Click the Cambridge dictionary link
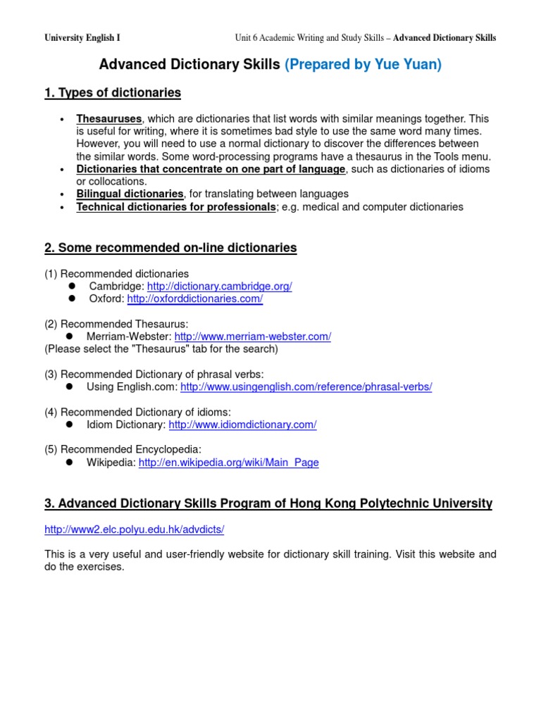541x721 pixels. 219,286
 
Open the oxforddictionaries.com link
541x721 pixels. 195,299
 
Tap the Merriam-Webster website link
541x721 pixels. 252,337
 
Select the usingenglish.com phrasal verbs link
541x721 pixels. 306,387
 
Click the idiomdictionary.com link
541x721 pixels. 242,425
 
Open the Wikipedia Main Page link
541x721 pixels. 228,463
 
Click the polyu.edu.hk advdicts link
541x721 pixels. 135,529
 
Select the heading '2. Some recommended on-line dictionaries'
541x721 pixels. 170,248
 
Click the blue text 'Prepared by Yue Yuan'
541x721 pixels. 363,65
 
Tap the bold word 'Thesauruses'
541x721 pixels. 109,119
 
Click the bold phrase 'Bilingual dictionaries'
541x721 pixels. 130,194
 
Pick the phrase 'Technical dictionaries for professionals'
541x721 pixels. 176,207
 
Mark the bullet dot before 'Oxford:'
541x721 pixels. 72,299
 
